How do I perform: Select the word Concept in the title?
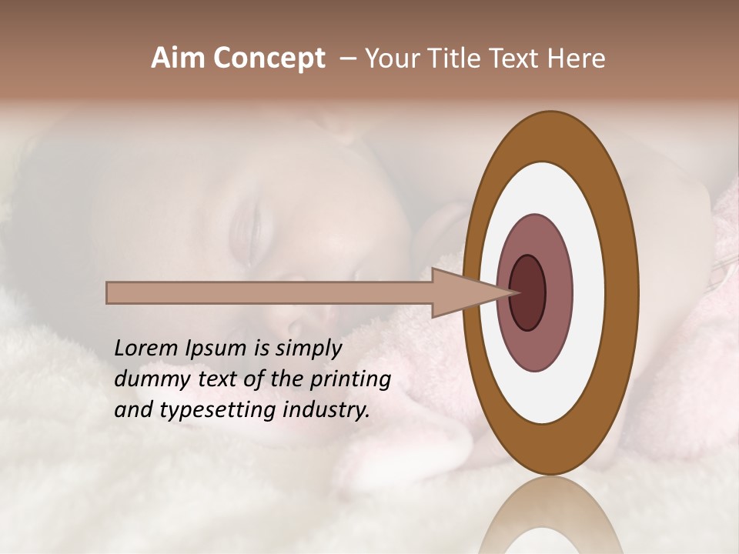[269, 59]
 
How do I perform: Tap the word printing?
[350, 380]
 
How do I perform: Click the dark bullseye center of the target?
[528, 292]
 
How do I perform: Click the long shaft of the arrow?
[269, 292]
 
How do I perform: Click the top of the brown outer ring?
[550, 135]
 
